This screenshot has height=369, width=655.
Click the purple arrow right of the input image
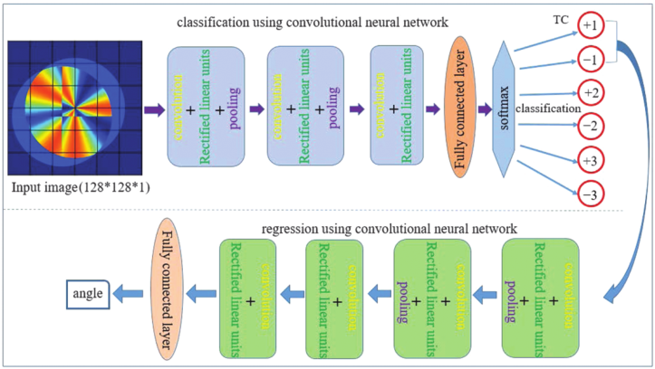tap(152, 110)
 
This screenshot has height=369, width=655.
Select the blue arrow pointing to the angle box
tap(125, 291)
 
